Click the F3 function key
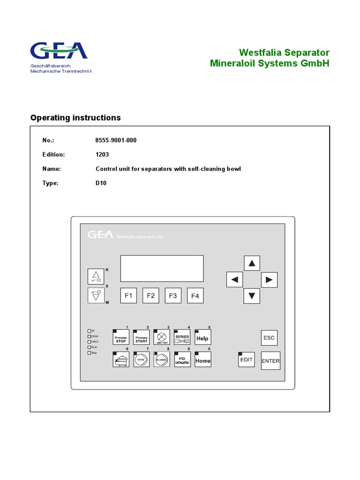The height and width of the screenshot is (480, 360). pos(172,296)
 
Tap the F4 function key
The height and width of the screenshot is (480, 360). pos(195,296)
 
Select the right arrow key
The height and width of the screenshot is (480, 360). pos(269,280)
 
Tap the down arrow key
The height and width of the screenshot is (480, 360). pos(252,295)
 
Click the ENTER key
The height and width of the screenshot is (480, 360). pos(270,360)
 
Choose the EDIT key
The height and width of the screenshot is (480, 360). pos(246,360)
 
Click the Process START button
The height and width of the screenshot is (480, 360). pos(141,337)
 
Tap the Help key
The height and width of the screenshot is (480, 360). pos(202,337)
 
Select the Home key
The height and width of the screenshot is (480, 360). pos(202,360)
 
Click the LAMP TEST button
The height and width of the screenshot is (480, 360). pos(162,337)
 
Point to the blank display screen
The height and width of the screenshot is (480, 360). pos(162,268)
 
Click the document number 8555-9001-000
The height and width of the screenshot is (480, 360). pos(116,140)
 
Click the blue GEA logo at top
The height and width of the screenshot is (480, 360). pos(59,51)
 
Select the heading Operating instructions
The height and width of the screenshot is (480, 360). pos(75,118)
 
